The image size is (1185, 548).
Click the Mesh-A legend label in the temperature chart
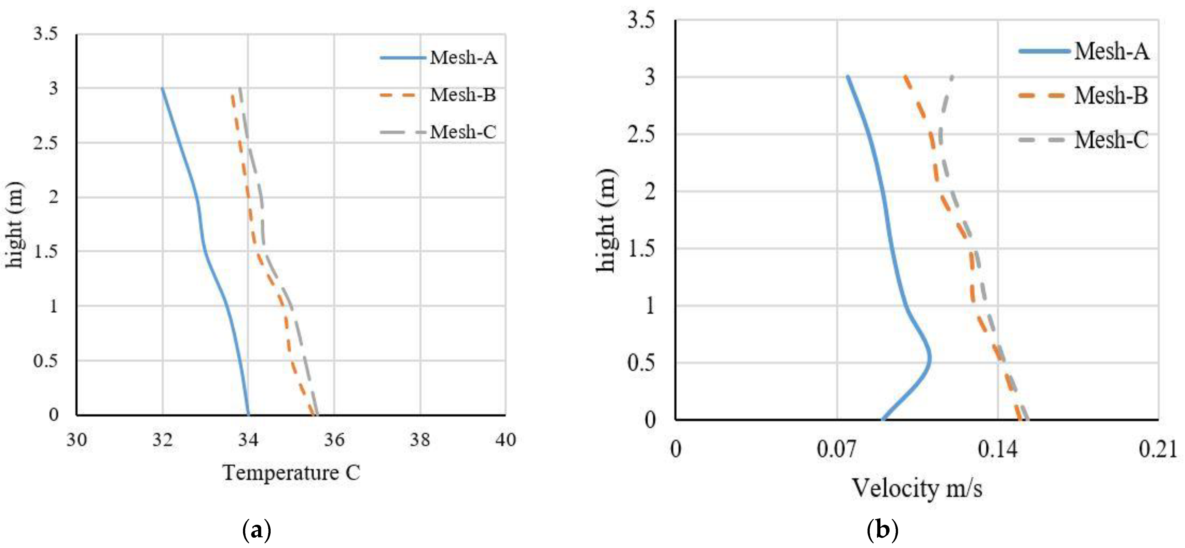[463, 58]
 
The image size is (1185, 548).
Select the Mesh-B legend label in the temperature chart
[463, 95]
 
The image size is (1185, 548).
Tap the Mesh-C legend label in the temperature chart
[463, 132]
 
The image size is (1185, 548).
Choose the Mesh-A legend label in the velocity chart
[1111, 51]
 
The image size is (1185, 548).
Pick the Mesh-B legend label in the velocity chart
[1111, 96]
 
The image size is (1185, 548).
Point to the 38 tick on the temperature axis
[420, 440]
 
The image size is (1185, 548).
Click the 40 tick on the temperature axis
[505, 440]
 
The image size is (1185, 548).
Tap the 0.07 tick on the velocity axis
[836, 449]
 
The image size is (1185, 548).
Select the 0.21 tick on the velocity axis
[1157, 449]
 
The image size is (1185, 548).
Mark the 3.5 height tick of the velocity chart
[641, 20]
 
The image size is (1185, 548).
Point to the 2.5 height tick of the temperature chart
[46, 143]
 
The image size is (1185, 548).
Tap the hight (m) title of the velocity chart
[606, 221]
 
